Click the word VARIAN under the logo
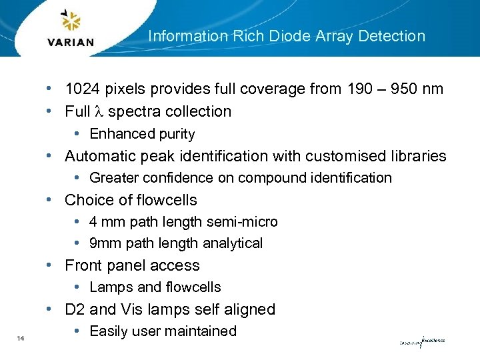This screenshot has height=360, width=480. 71,43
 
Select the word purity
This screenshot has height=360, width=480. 177,134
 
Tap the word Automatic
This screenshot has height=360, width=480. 99,156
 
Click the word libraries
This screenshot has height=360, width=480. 419,156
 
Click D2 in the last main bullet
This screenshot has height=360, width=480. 75,309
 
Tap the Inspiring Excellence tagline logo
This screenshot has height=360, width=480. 421,342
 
